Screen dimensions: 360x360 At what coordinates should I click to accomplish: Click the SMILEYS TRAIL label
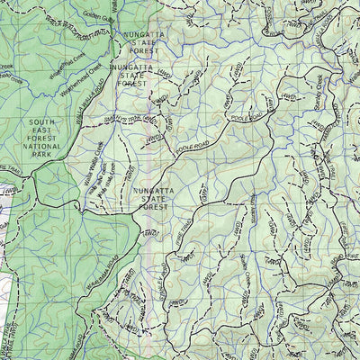point(131,120)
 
